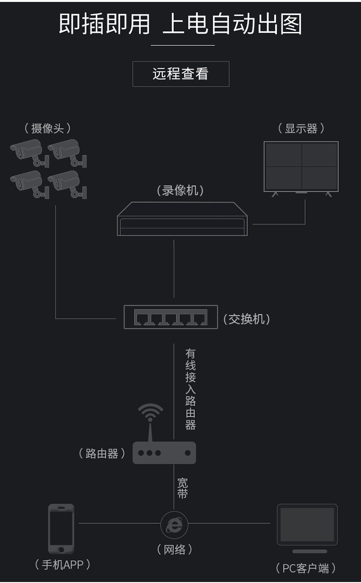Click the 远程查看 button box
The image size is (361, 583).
(180, 74)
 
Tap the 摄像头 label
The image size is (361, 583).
(47, 128)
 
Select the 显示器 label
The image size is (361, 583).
(301, 129)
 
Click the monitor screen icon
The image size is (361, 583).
(301, 167)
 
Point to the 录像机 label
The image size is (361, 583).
(180, 190)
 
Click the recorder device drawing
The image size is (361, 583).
(182, 220)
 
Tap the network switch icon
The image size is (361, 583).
(170, 317)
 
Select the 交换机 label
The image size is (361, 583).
(246, 319)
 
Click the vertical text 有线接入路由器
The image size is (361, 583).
(191, 389)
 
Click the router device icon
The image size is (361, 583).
(164, 452)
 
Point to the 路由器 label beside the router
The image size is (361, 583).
(102, 453)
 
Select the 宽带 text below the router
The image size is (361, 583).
(182, 488)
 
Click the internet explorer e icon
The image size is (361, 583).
(174, 524)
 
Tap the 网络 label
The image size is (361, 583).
(174, 549)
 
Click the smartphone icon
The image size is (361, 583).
(61, 529)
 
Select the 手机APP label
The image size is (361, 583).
(63, 565)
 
